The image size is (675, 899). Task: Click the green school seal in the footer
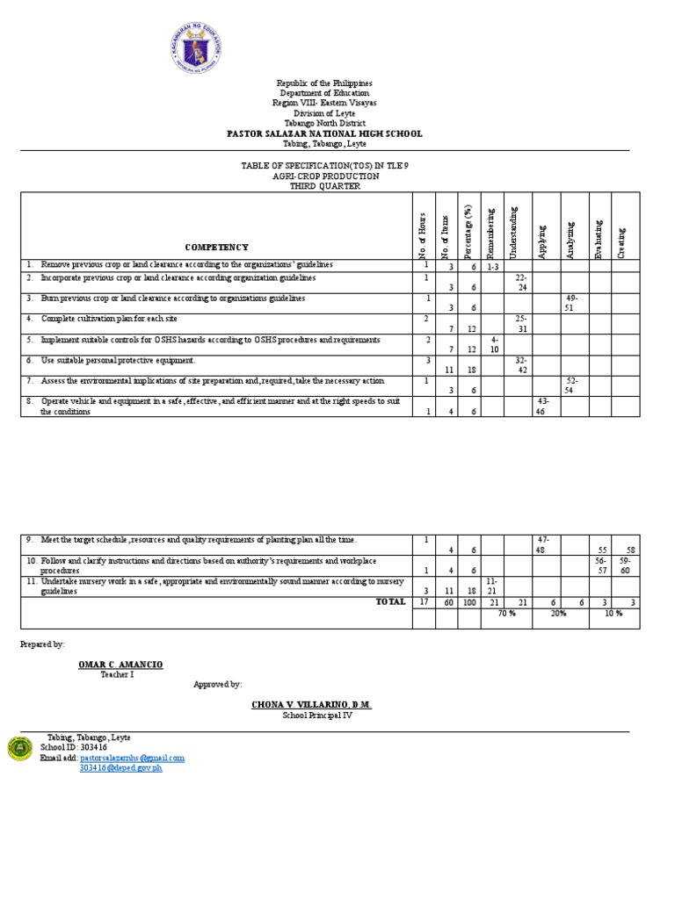20,748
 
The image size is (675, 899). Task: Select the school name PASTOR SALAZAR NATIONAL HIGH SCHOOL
325,133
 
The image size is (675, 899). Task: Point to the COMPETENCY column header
216,248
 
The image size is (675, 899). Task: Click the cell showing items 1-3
492,265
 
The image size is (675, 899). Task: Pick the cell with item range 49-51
573,301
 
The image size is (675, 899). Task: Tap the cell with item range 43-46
541,406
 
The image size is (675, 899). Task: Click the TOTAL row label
390,601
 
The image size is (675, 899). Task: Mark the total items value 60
446,602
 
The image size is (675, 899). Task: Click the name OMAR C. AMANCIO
120,664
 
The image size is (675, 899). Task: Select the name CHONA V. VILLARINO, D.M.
312,705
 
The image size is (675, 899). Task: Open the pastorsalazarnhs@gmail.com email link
132,758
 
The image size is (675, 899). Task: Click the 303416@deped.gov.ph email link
120,768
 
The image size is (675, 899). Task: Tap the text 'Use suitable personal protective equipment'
119,361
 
